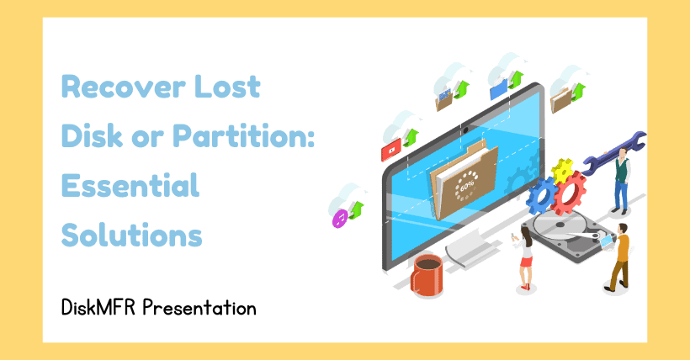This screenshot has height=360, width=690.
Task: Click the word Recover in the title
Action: tap(123, 87)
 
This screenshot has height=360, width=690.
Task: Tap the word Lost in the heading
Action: tap(227, 87)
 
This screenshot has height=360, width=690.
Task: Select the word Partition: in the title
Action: tap(243, 135)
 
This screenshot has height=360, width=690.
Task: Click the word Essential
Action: tap(130, 185)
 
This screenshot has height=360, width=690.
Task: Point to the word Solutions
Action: tap(131, 235)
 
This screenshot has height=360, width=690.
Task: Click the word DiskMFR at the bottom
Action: tap(98, 307)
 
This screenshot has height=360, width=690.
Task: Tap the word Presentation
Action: tap(199, 307)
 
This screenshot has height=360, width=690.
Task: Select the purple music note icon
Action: tap(340, 219)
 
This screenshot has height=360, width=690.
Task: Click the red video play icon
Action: tap(391, 150)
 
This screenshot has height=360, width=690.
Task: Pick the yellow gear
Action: tap(562, 171)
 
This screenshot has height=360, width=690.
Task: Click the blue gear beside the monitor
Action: tap(542, 195)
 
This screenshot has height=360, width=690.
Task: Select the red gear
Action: tap(569, 193)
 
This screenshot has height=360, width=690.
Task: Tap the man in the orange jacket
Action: tap(619, 257)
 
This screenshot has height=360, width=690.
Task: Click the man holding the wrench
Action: tap(621, 181)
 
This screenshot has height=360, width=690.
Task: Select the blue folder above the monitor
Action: tap(499, 89)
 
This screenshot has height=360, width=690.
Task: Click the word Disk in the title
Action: tap(92, 135)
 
